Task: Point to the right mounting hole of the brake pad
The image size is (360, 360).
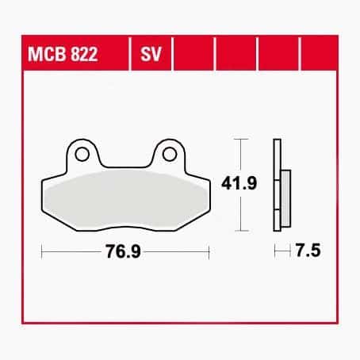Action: pos(170,151)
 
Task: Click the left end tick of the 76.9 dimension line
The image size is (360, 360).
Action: pos(41,253)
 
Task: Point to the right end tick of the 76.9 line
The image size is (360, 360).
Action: pos(209,253)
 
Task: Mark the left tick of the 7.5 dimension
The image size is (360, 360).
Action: pos(274,253)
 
